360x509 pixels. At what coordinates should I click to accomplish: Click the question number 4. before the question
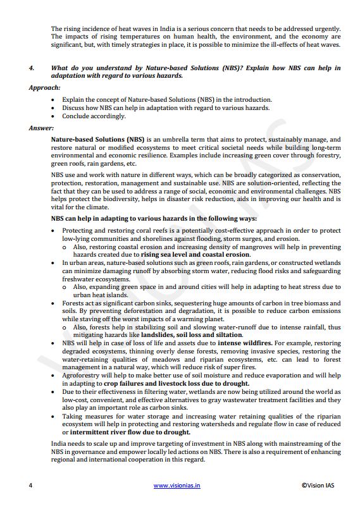pos(32,68)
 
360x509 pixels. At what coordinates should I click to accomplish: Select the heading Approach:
pos(44,87)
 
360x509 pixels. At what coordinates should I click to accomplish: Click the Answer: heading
pos(41,128)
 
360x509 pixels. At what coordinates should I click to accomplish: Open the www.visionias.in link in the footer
pos(177,486)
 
